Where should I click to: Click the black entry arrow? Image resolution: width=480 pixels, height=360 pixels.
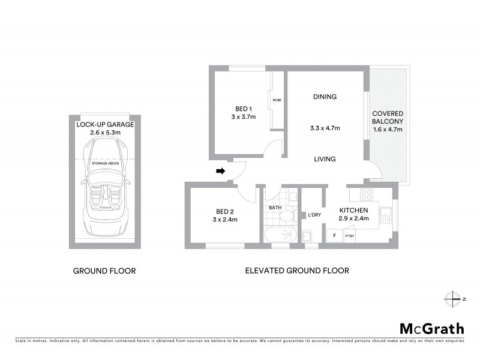(220, 171)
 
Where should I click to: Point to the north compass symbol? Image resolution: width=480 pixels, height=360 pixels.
(452, 298)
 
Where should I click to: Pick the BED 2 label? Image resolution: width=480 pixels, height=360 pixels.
(227, 211)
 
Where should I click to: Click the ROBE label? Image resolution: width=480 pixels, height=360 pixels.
(277, 100)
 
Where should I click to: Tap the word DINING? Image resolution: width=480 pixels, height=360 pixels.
(324, 97)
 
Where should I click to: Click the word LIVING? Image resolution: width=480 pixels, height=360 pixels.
(324, 159)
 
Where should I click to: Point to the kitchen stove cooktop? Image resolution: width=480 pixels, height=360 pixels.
(365, 194)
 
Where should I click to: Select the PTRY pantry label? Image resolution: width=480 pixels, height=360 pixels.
(349, 236)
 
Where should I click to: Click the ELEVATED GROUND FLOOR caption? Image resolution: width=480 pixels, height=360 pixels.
(296, 271)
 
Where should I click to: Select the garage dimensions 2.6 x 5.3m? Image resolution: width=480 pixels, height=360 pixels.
(105, 133)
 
